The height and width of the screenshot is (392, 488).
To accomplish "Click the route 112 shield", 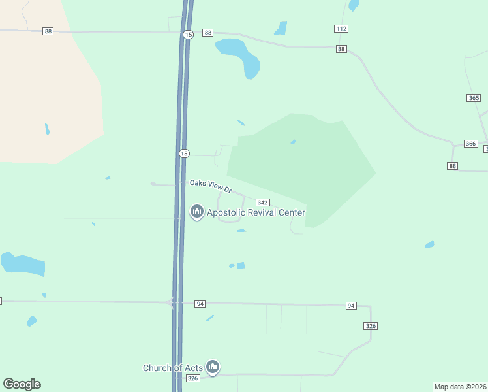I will click(x=341, y=29).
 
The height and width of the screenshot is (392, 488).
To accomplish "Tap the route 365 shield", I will click(x=474, y=98).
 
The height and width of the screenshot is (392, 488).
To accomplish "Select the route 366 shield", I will click(x=470, y=144).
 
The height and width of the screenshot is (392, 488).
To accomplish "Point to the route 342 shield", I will click(x=263, y=203).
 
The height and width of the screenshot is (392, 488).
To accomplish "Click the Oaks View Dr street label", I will click(x=211, y=186).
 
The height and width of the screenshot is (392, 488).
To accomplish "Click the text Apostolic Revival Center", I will click(x=256, y=212).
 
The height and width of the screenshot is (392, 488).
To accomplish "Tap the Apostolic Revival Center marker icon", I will click(x=196, y=212).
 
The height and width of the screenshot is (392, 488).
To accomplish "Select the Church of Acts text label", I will click(x=172, y=368).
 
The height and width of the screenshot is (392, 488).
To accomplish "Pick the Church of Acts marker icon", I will click(x=212, y=367).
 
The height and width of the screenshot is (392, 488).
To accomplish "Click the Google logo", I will click(x=22, y=384).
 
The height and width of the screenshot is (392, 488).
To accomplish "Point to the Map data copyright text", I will click(x=461, y=386).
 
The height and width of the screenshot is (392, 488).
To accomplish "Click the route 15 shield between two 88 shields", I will click(x=188, y=34).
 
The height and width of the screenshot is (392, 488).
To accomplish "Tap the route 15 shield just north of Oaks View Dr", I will click(x=184, y=153).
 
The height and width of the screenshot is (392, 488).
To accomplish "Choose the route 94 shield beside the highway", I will click(x=200, y=304).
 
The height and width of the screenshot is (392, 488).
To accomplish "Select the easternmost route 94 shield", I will click(x=351, y=306).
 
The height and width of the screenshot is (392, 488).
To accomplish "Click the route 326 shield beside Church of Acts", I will click(x=192, y=378).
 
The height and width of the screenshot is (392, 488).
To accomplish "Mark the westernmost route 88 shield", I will click(x=48, y=31).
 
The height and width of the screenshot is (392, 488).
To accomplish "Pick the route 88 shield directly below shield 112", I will click(x=341, y=49).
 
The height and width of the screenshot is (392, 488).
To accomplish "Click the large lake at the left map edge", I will click(x=23, y=264).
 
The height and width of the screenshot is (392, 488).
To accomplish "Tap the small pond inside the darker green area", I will click(x=294, y=142).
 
